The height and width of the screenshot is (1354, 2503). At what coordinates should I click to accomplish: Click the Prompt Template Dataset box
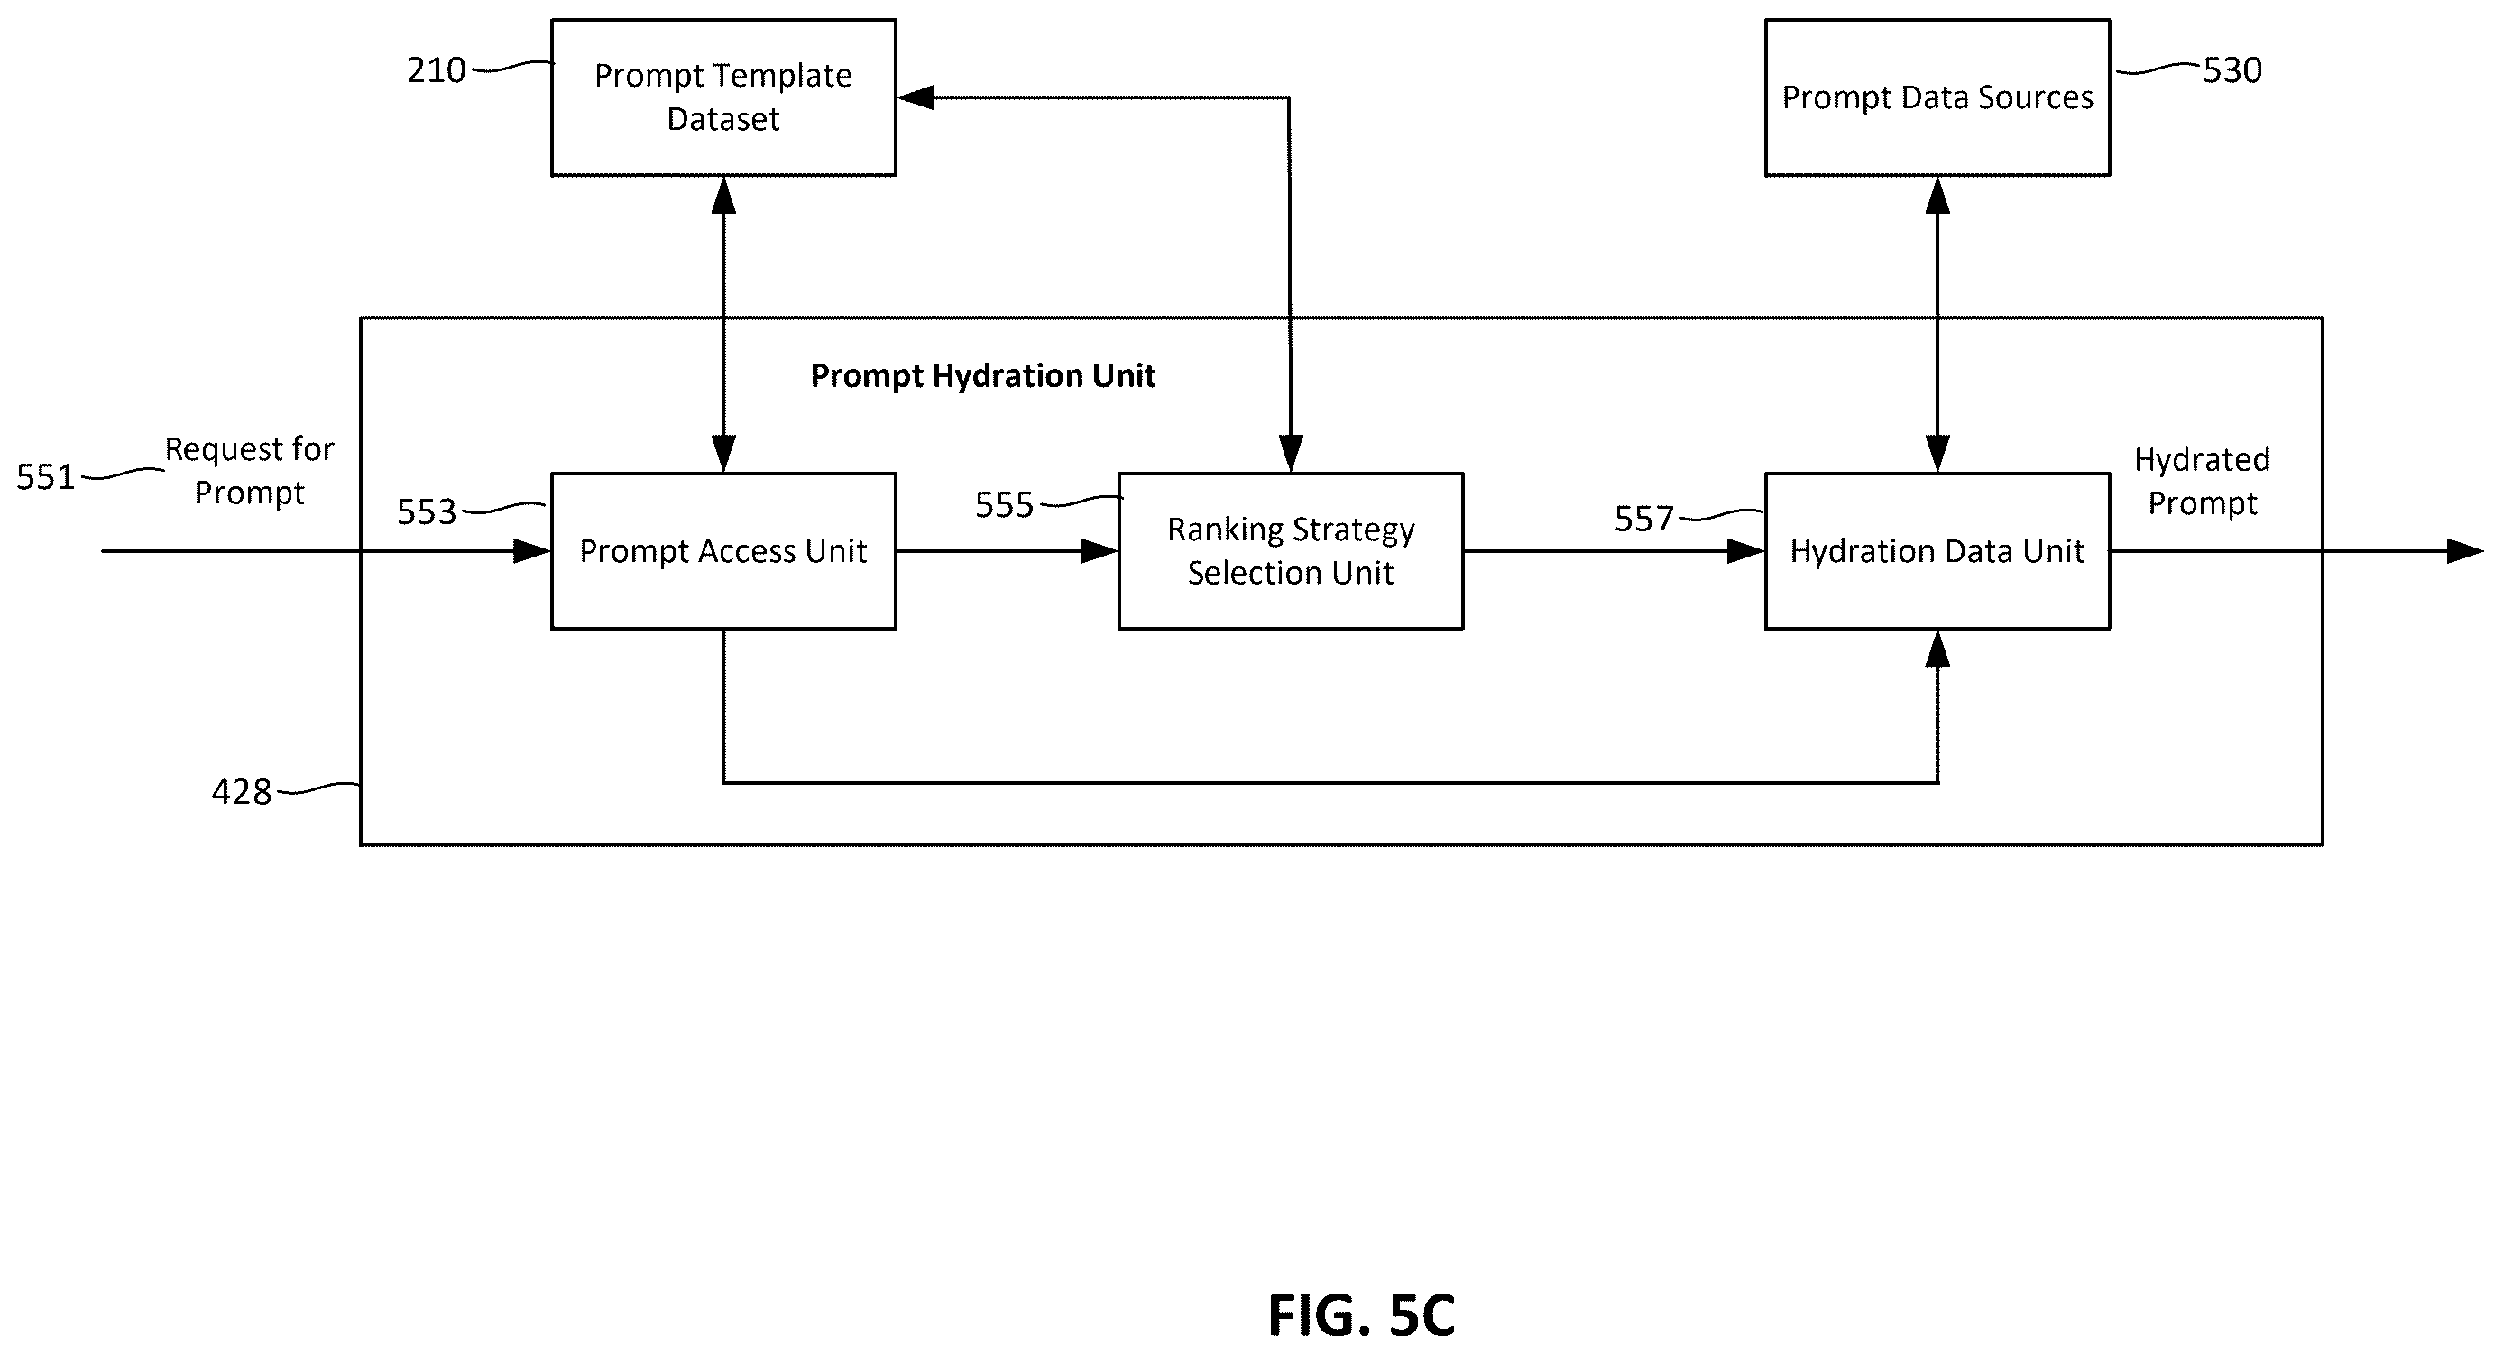point(722,97)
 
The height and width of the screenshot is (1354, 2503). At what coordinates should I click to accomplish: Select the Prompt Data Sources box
point(1937,97)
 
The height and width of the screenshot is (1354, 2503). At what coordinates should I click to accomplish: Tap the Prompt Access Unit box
point(722,551)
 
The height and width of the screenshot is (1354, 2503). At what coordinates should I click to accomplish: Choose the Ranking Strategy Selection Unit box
point(1291,551)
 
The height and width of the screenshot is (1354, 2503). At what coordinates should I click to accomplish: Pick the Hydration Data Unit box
point(1937,551)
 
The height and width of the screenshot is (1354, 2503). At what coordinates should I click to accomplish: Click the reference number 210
point(437,70)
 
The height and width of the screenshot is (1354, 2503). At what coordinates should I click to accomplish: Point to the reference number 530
point(2232,70)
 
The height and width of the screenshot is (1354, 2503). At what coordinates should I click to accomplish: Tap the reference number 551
point(46,477)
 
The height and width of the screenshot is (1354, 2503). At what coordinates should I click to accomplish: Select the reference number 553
point(427,512)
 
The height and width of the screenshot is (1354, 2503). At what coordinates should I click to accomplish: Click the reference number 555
point(1005,505)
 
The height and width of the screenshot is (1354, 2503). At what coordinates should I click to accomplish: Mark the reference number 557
point(1644,519)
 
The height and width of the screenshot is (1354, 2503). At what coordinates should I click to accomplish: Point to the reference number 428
point(242,792)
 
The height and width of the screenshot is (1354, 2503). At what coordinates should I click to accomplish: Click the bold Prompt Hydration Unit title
point(982,376)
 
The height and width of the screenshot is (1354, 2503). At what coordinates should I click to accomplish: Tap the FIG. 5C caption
point(1361,1315)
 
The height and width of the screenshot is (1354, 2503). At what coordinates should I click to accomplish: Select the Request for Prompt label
point(250,471)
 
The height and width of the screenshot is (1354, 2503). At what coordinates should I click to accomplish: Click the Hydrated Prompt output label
point(2202,481)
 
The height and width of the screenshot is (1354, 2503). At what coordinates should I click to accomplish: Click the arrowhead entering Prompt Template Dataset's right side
point(916,97)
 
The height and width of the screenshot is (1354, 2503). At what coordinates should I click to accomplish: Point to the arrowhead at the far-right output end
point(2465,551)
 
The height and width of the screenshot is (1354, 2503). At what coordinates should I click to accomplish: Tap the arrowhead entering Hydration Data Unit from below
point(1937,649)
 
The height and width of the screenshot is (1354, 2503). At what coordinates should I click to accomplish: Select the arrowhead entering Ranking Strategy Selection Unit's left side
point(1099,551)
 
